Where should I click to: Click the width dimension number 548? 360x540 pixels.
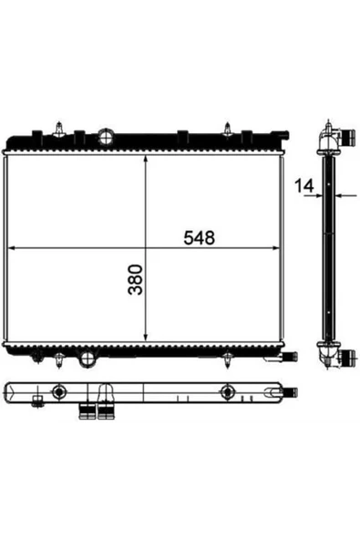[x=199, y=238]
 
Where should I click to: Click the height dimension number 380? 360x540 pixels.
[x=135, y=279]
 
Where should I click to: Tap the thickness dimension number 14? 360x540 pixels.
[x=304, y=186]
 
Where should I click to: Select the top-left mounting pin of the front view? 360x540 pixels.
[x=59, y=130]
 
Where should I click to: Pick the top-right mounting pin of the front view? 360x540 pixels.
[x=227, y=130]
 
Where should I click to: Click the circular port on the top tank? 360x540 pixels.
[x=106, y=137]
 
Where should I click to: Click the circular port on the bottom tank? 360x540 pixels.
[x=87, y=358]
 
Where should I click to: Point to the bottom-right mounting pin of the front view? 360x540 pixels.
[x=228, y=360]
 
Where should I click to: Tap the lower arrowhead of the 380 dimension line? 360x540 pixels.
[x=146, y=337]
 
